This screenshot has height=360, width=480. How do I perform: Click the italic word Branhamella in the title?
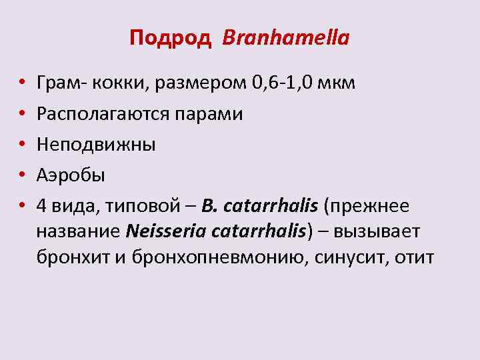click(286, 38)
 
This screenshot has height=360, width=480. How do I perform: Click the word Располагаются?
click(104, 115)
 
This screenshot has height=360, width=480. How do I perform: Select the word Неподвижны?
click(96, 145)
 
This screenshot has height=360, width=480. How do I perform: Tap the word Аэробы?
click(71, 175)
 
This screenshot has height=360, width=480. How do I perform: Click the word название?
click(79, 231)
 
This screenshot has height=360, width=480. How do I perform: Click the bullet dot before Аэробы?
click(22, 176)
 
